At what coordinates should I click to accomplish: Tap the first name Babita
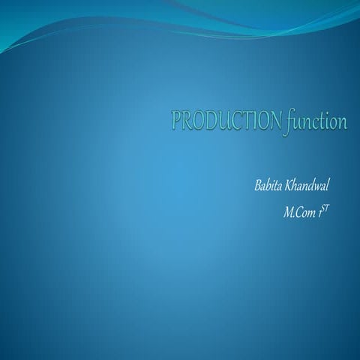point(268,185)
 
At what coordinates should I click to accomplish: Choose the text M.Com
point(298,214)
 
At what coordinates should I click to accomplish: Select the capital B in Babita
point(258,185)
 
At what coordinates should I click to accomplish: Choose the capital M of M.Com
point(288,214)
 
